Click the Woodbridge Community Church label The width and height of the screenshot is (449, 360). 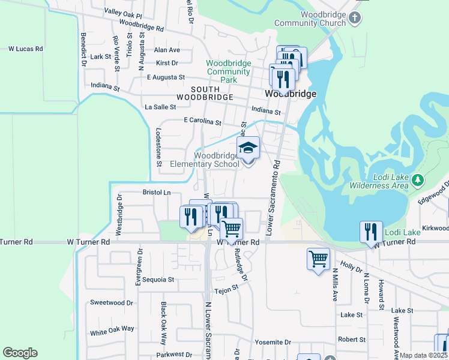click(x=310, y=19)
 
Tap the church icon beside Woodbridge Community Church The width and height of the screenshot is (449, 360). click(x=355, y=17)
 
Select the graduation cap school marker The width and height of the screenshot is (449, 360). click(x=249, y=149)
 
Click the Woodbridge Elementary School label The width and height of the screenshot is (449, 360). click(x=205, y=160)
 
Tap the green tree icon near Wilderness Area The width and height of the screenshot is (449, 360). click(x=418, y=179)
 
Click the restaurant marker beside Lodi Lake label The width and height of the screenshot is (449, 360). click(x=371, y=232)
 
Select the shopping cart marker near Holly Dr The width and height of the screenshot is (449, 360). click(x=318, y=259)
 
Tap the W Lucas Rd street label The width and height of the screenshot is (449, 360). click(x=25, y=48)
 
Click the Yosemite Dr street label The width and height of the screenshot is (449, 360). click(x=273, y=342)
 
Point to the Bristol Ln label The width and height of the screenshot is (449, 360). click(x=157, y=193)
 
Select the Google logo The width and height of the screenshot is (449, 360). click(x=20, y=353)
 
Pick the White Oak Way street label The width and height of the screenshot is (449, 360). click(x=112, y=331)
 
